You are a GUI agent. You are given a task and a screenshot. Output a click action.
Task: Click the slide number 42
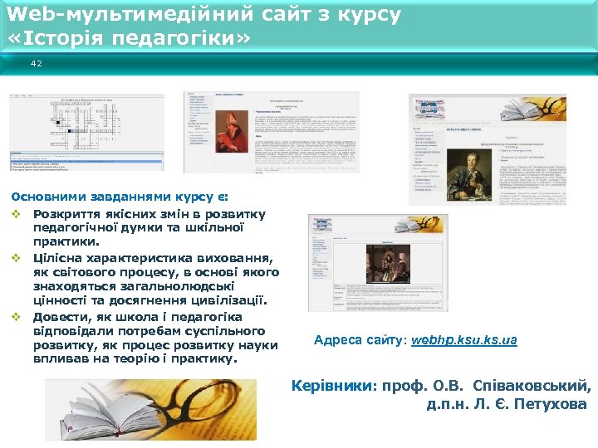coord(36,63)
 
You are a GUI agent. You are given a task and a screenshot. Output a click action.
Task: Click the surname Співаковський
coord(532,386)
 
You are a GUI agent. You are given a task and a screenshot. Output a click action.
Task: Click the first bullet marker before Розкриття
coord(16,215)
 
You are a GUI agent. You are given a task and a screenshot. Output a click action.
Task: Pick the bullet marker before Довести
coord(16,318)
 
